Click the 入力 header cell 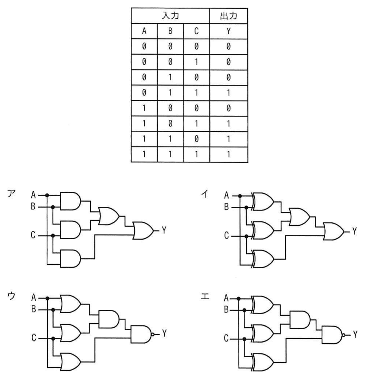(x=170, y=16)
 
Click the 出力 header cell (x=228, y=16)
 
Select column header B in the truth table (x=170, y=31)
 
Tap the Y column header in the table (x=228, y=31)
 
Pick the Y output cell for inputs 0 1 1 (x=228, y=93)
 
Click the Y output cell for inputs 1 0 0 (x=228, y=108)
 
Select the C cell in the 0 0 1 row (x=196, y=62)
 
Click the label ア (x=11, y=194)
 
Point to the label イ (x=205, y=194)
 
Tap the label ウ (x=11, y=296)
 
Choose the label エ (x=205, y=296)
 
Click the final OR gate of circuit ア (x=143, y=230)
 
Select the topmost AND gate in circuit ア (x=70, y=201)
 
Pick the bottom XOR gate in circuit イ (x=263, y=259)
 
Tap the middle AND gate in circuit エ (x=300, y=320)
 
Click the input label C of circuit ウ (x=34, y=337)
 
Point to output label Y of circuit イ (x=354, y=231)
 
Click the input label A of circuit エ (x=226, y=298)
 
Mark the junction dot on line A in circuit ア (x=47, y=195)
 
